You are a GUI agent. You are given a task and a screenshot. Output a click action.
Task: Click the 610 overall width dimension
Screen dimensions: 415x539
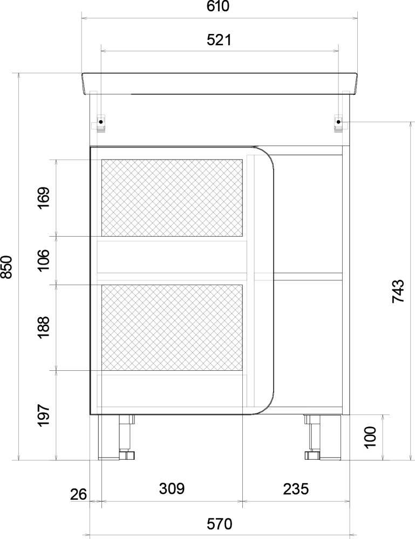(x=218, y=6)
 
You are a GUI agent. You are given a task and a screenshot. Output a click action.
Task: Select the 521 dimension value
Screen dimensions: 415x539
(x=219, y=40)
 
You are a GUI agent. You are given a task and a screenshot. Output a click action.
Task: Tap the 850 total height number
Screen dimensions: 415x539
(x=6, y=267)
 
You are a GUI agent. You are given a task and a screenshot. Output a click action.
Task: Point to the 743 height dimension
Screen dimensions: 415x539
(x=398, y=291)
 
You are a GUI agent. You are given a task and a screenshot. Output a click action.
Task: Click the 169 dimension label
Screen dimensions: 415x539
(x=44, y=198)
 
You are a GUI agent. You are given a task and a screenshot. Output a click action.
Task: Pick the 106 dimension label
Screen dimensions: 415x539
(x=44, y=260)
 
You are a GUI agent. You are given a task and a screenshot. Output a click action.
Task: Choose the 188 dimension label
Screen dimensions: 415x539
(x=44, y=327)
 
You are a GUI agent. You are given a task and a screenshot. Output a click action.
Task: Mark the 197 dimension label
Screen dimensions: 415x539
(x=44, y=416)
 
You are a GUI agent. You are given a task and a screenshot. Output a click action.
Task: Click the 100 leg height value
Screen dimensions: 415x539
(x=370, y=437)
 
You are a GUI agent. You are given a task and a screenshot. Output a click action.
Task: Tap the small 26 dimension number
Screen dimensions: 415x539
(x=78, y=495)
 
